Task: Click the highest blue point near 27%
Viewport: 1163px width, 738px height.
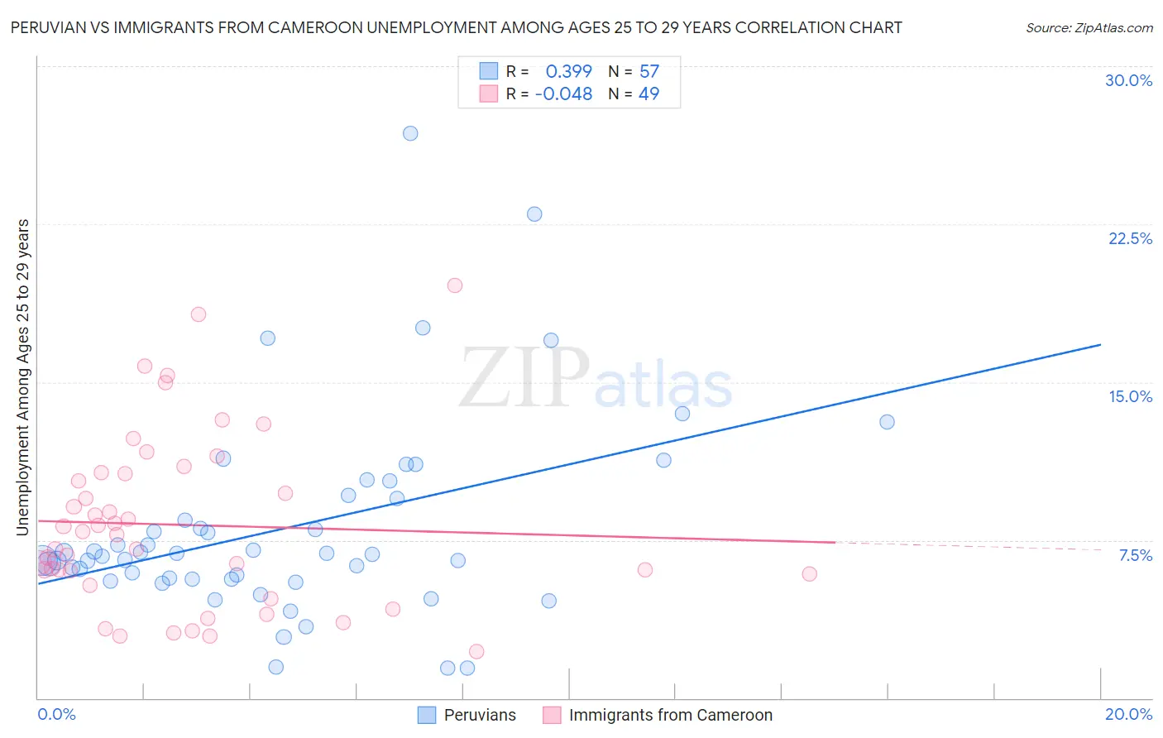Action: tap(410, 133)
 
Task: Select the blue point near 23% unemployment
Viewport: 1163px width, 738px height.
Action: tap(534, 214)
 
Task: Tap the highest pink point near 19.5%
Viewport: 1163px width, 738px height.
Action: tap(454, 285)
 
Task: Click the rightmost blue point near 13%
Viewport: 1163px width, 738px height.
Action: tap(887, 422)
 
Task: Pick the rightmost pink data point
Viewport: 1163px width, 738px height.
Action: tap(809, 574)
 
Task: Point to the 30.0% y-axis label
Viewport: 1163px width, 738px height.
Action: tap(1128, 80)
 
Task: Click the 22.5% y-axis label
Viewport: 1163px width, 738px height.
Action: tap(1130, 238)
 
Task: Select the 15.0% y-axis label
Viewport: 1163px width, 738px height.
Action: tap(1130, 396)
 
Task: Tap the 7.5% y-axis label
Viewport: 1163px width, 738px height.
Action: tap(1135, 555)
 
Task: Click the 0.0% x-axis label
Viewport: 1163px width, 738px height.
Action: tap(56, 714)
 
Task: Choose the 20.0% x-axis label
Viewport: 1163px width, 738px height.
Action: tap(1128, 714)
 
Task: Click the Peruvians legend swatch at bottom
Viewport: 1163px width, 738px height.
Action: tap(427, 715)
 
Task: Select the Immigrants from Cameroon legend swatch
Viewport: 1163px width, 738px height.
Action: tap(552, 715)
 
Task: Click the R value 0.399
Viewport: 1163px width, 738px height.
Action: tap(568, 72)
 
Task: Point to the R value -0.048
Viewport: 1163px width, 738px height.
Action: tap(564, 94)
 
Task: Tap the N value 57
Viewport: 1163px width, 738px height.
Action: tap(649, 72)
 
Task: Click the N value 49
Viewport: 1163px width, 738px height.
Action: tap(649, 94)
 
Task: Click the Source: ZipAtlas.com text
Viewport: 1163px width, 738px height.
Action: tap(1089, 28)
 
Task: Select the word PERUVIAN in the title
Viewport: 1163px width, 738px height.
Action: tap(49, 28)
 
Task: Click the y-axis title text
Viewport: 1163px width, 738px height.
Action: tap(23, 376)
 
